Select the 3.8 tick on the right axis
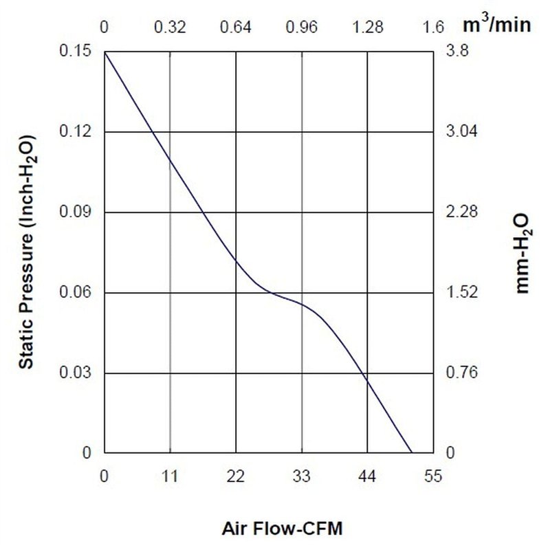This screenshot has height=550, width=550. (456, 51)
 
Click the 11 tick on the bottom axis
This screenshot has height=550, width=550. (170, 476)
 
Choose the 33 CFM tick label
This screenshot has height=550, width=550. (302, 476)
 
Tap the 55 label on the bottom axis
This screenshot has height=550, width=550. (433, 476)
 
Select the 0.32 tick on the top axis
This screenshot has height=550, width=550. (170, 27)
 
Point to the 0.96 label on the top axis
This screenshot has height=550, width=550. (302, 27)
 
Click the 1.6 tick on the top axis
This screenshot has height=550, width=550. (433, 27)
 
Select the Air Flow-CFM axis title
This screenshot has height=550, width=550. (282, 529)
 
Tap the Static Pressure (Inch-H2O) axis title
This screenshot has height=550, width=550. (27, 252)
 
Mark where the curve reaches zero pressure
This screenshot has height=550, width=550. (411, 453)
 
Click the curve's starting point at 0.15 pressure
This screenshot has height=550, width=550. (104, 52)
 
